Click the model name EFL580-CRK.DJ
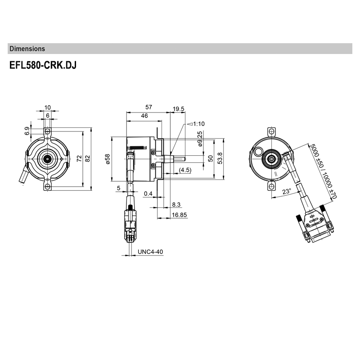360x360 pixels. [x=43, y=66]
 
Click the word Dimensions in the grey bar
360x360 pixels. [x=27, y=49]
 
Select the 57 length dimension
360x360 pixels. [x=149, y=107]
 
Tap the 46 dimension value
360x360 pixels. [x=144, y=116]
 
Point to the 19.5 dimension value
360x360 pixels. [x=179, y=108]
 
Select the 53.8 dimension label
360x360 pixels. [x=220, y=158]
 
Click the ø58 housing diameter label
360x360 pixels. [x=108, y=159]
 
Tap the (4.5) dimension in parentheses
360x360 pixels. [x=185, y=170]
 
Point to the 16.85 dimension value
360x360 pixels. [x=180, y=216]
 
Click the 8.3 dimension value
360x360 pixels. [x=177, y=205]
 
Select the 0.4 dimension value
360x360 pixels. [x=148, y=193]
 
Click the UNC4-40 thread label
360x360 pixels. [x=150, y=252]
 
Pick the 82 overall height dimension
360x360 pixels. [x=88, y=158]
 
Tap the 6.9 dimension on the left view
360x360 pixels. [x=27, y=131]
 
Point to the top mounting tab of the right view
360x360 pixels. [x=271, y=131]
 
